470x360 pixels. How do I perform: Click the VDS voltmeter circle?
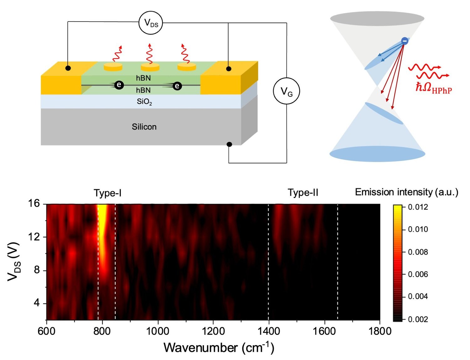click(151, 23)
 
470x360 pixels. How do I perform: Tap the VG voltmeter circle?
click(286, 91)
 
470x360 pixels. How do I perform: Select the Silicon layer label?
click(144, 127)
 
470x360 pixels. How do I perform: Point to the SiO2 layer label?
click(144, 102)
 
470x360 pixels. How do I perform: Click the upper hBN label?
click(143, 78)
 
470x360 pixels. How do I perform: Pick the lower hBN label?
click(143, 90)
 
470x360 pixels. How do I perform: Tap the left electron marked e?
click(119, 85)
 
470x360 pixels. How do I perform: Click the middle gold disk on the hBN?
click(150, 67)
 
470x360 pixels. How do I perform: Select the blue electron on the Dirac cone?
click(405, 41)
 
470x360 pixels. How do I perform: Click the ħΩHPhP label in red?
click(434, 87)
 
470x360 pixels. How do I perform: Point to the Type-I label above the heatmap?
click(107, 193)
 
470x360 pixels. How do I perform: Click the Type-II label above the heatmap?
click(303, 193)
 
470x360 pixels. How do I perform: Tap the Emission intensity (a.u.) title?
click(406, 192)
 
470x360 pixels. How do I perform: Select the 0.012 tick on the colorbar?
click(418, 207)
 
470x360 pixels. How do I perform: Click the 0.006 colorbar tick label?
click(418, 274)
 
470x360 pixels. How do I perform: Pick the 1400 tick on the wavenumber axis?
click(269, 331)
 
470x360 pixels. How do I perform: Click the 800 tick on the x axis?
click(102, 331)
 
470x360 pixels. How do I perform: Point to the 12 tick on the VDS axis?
click(34, 237)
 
